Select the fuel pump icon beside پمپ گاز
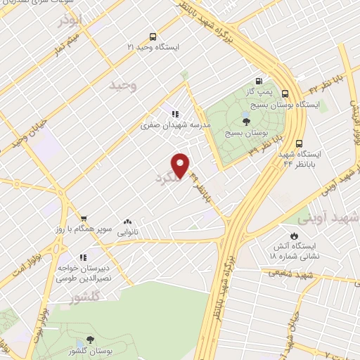point(259,81)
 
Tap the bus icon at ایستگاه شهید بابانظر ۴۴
point(300,141)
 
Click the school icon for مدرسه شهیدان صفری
point(174,114)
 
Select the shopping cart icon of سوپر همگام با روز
point(84,219)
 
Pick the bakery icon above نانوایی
point(127,221)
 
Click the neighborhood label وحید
point(122,86)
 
